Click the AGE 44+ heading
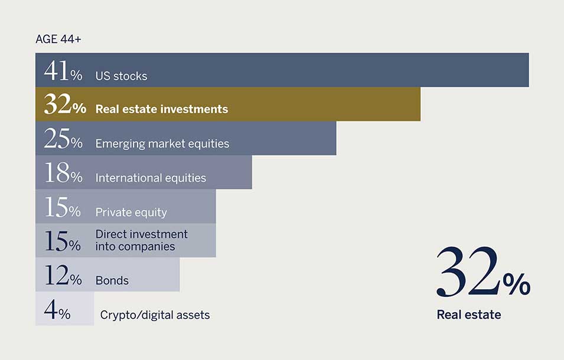point(58,39)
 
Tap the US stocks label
point(121,76)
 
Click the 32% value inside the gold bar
point(65,104)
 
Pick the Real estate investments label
point(161,109)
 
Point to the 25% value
point(63,139)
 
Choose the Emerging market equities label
point(162,144)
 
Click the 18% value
point(63,173)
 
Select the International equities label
point(151,178)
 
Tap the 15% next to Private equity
point(62,207)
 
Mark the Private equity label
point(131,212)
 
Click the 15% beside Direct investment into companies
point(62,241)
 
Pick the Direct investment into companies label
point(141,240)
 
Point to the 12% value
point(63,275)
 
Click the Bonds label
point(112,280)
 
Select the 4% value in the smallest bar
point(57,309)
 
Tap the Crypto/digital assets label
point(155,315)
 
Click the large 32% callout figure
point(483,272)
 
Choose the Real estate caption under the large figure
point(469,315)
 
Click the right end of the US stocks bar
point(529,70)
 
